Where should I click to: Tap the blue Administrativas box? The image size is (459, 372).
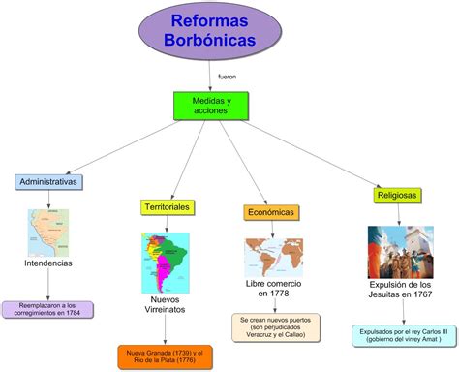(x=48, y=181)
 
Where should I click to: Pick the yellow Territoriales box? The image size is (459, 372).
(x=167, y=207)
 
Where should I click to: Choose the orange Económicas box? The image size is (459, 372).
(x=270, y=212)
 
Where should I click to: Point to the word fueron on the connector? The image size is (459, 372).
(x=228, y=76)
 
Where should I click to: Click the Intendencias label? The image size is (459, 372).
(x=48, y=263)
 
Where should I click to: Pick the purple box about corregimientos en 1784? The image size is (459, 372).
(x=49, y=309)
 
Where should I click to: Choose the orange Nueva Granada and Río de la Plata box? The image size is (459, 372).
(x=166, y=355)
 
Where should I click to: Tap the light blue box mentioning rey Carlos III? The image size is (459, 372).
(x=400, y=335)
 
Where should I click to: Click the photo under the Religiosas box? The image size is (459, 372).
(x=400, y=252)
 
